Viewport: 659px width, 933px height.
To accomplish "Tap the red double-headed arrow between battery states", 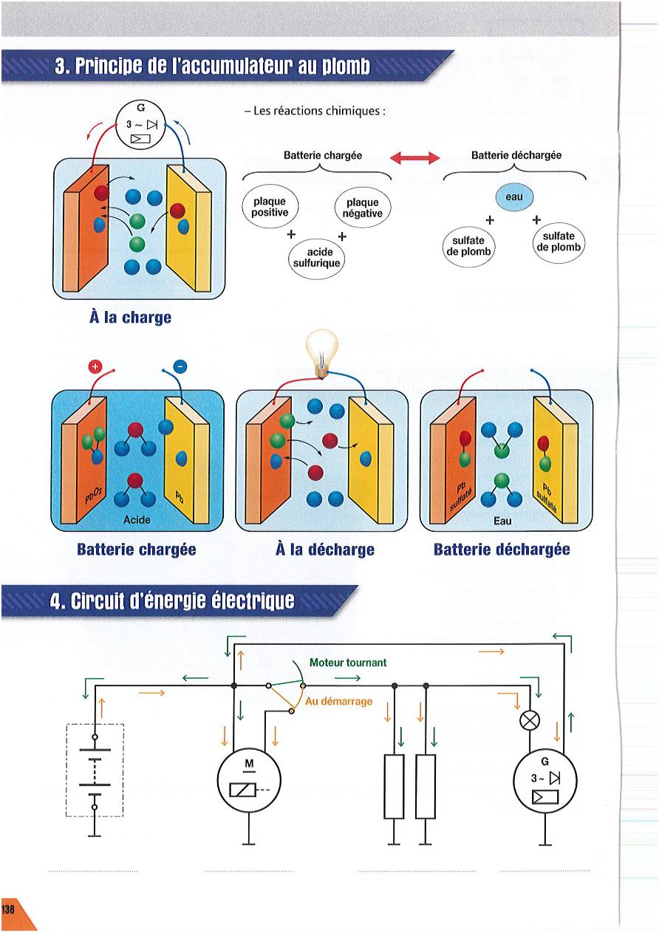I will pyautogui.click(x=414, y=157).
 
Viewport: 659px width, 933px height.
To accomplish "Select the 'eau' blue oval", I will pyautogui.click(x=514, y=197).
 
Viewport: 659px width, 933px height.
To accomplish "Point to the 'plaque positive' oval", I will pyautogui.click(x=270, y=207).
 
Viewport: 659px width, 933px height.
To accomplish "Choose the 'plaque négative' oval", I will pyautogui.click(x=362, y=208).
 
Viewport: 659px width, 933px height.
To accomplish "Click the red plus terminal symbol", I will pyautogui.click(x=95, y=366).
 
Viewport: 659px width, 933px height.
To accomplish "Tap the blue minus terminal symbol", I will pyautogui.click(x=181, y=366).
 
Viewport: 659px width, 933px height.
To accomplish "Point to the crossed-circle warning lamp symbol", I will pyautogui.click(x=530, y=720).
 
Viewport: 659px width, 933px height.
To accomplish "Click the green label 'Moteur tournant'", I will pyautogui.click(x=347, y=663).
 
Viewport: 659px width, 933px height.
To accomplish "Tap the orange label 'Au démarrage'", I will pyautogui.click(x=338, y=701).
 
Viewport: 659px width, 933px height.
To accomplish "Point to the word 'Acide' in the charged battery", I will pyautogui.click(x=137, y=520).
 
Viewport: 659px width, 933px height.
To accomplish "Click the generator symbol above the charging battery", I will pyautogui.click(x=139, y=124).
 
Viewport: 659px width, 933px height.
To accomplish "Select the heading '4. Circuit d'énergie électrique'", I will pyautogui.click(x=171, y=600).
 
